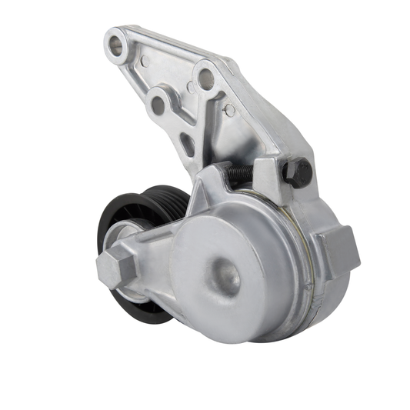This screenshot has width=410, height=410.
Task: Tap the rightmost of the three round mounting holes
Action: click(205, 78)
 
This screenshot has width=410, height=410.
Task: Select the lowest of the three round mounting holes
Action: click(158, 105)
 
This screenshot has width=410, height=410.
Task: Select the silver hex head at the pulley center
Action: click(115, 266)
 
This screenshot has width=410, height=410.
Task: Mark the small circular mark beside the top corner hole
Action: click(144, 61)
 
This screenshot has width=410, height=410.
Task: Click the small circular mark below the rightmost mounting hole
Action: click(228, 110)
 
